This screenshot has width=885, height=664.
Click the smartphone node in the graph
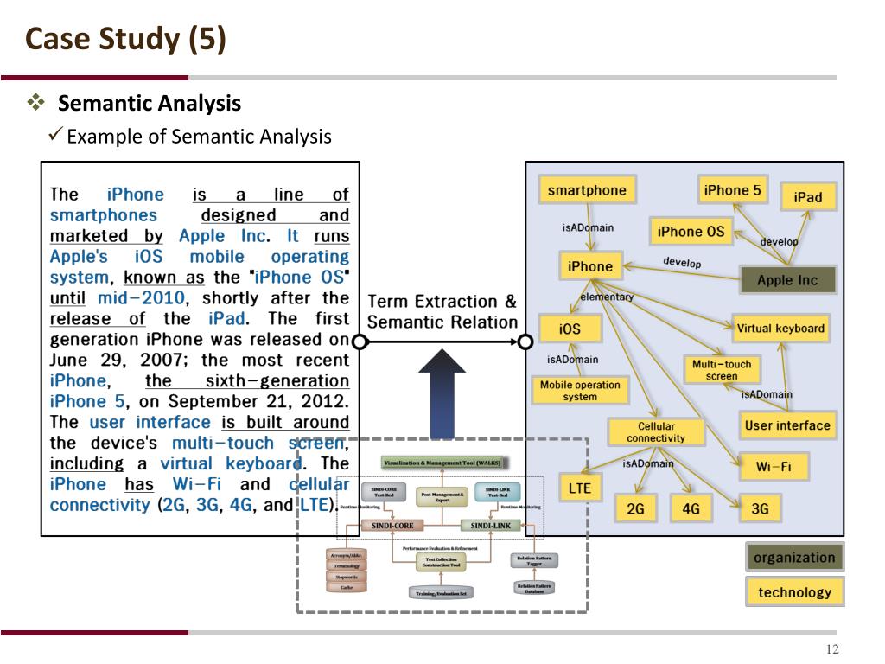[x=587, y=190]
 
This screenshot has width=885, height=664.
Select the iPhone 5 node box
[x=733, y=190]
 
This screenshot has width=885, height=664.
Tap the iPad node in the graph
[x=807, y=197]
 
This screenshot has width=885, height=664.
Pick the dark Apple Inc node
[x=786, y=280]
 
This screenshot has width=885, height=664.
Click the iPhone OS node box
[x=691, y=232]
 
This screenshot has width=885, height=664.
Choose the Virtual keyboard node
[x=780, y=329]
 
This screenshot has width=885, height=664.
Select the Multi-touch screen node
[x=722, y=370]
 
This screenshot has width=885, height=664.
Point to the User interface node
[x=786, y=425]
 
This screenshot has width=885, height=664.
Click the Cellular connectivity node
[x=656, y=432]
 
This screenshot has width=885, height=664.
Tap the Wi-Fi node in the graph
[x=774, y=468]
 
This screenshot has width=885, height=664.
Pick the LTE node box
[x=579, y=488]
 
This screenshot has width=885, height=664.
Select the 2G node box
[x=635, y=508]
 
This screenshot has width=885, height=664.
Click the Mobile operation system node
[x=579, y=391]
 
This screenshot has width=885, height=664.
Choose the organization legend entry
[x=794, y=558]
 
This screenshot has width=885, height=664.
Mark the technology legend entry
[x=794, y=592]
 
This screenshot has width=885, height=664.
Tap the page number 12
[x=832, y=651]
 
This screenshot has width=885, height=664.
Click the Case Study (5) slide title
[x=125, y=41]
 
